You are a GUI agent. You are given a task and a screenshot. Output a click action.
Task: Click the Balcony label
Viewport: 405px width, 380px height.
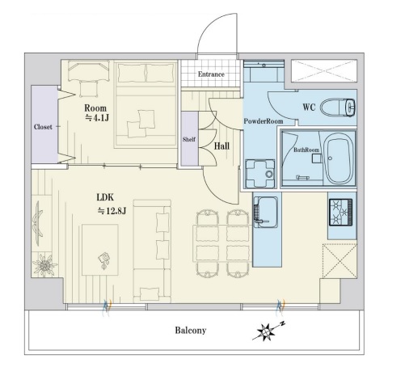pos(191,330)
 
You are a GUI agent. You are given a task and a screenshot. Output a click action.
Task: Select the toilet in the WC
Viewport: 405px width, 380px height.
pos(338,107)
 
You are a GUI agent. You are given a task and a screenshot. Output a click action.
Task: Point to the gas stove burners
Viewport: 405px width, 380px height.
pos(340,212)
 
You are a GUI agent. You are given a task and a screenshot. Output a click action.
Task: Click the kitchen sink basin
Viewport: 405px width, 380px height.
pos(265,212)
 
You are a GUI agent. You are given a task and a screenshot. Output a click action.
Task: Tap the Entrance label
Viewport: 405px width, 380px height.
pos(211,74)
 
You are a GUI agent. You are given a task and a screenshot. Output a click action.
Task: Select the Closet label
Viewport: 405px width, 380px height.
pos(43,127)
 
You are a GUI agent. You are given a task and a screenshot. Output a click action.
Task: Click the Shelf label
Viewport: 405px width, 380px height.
pos(189,139)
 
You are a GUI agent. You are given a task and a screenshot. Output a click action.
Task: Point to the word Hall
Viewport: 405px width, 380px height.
pos(221,146)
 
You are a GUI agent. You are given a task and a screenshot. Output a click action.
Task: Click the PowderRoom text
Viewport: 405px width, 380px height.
pos(264,121)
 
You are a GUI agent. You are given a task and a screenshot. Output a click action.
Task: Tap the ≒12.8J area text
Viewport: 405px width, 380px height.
pos(112,211)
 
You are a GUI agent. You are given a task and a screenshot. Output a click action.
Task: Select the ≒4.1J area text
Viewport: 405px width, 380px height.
pos(97,117)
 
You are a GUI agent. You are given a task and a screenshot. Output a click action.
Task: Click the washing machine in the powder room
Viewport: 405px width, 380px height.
pos(260,173)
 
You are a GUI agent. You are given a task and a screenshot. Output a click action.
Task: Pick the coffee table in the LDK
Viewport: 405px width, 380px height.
pos(100,250)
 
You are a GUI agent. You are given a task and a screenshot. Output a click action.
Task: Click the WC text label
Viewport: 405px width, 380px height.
pos(309,107)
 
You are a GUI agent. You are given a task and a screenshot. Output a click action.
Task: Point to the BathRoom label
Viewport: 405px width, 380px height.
pos(306,150)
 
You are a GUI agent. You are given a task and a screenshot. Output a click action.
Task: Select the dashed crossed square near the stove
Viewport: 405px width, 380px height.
pos(340,260)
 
